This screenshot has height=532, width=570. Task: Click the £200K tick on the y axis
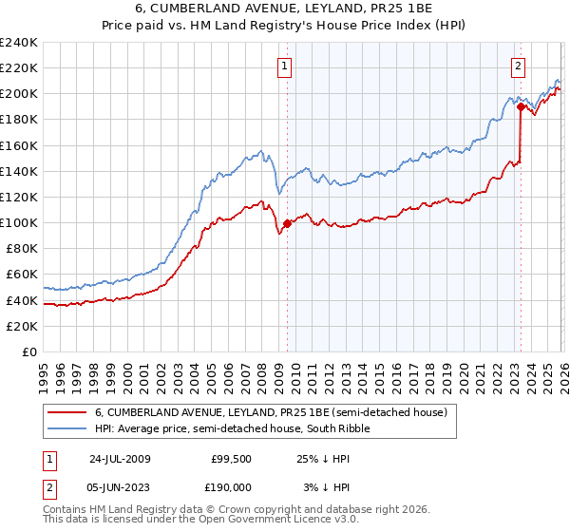19,93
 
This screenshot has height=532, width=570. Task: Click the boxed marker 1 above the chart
286,66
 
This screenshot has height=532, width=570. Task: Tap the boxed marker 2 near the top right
519,66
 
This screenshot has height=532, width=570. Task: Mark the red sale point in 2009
287,223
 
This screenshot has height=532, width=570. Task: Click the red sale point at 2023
521,106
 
